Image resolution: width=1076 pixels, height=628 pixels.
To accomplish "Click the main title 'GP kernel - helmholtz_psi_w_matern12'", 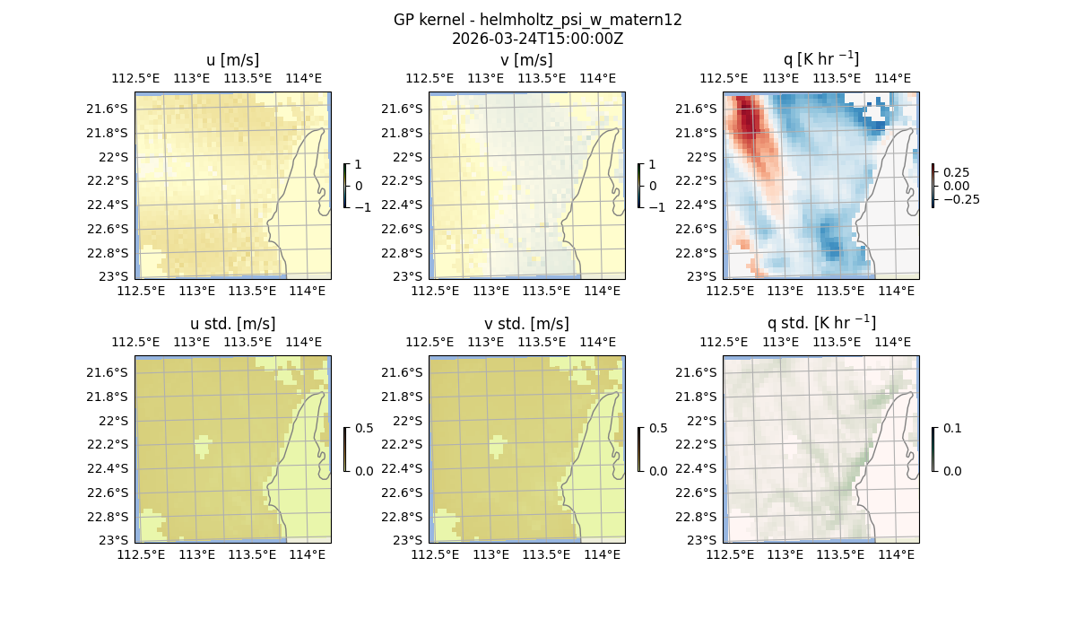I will click(537, 20).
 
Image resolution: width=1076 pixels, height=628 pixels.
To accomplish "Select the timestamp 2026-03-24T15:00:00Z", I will click(537, 39).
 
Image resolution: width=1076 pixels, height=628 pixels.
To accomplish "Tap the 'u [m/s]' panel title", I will click(232, 60).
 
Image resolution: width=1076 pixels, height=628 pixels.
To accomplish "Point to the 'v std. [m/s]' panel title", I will click(526, 324).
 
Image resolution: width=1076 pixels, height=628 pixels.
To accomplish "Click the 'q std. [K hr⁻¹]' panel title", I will click(820, 323).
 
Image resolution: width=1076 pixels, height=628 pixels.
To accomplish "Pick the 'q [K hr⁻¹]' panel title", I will click(820, 59).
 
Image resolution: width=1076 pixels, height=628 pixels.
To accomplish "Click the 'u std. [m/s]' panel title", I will click(232, 324).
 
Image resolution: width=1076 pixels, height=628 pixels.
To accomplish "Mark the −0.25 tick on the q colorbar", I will click(959, 199).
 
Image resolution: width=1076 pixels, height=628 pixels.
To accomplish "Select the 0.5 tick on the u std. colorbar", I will click(363, 428).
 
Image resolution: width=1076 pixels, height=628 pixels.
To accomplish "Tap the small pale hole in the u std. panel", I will click(204, 444).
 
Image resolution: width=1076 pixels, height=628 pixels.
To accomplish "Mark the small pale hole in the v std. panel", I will click(498, 444).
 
